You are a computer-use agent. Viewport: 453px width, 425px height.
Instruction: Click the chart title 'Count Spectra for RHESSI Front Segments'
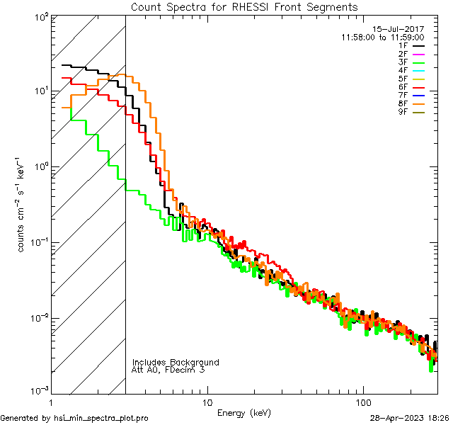(x=244, y=6)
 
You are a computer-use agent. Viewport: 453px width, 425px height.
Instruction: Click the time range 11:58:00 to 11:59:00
(x=382, y=37)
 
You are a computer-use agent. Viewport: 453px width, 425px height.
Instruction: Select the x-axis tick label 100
(x=363, y=402)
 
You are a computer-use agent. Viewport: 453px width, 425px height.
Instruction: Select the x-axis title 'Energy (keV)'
(x=243, y=412)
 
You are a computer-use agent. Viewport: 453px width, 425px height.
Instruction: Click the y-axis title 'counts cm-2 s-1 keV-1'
(x=23, y=204)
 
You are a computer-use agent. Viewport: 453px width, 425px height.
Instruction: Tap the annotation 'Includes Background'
(x=176, y=362)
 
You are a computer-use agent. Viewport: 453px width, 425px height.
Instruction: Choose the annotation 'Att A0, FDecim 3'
(x=168, y=370)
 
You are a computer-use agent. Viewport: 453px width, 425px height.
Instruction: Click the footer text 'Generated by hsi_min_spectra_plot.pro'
(x=74, y=418)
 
